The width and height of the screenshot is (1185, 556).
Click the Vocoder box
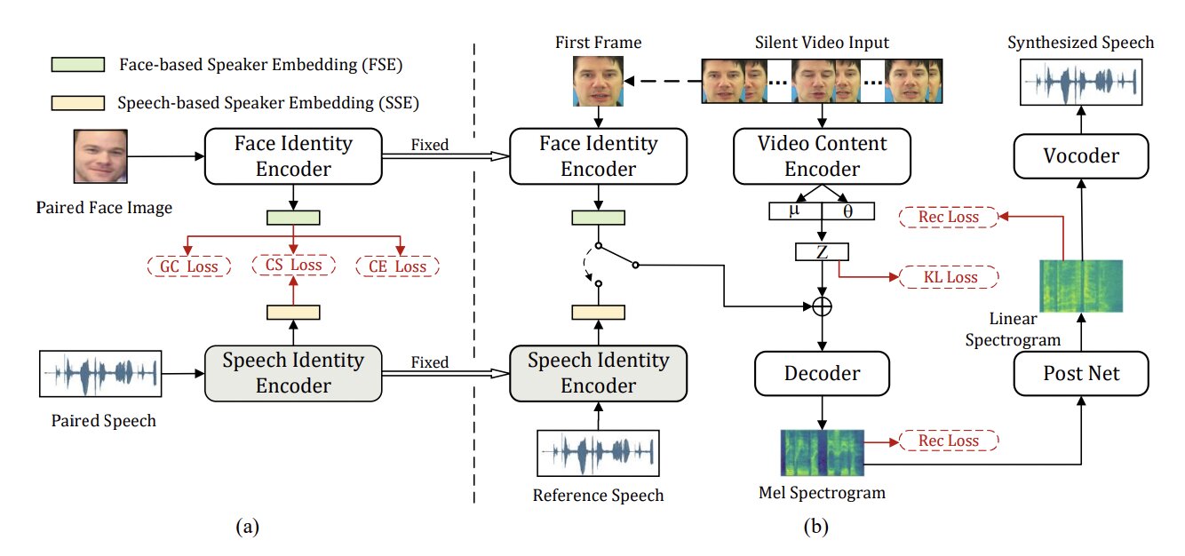(x=1080, y=156)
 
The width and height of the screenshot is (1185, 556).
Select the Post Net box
(x=1080, y=373)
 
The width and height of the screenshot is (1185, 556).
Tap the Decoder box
(x=822, y=373)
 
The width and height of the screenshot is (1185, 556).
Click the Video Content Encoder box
(x=822, y=156)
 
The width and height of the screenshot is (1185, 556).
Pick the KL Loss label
(x=949, y=277)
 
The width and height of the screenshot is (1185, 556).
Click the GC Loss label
(x=189, y=266)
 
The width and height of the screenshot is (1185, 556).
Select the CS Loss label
(x=294, y=265)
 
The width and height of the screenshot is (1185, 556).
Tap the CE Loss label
(x=398, y=266)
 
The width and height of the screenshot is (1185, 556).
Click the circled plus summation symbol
(x=823, y=306)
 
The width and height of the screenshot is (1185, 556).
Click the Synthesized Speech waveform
(x=1080, y=85)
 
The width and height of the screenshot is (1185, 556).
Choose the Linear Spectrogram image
(x=1081, y=286)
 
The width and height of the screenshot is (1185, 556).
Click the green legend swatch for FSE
(x=79, y=65)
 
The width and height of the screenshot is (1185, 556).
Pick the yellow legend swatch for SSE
(x=79, y=102)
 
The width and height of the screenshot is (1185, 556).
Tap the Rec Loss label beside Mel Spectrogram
(x=949, y=441)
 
